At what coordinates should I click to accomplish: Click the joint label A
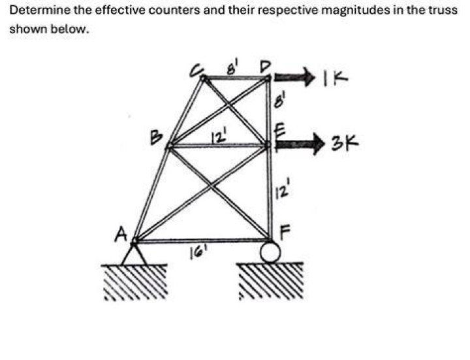tap(121, 233)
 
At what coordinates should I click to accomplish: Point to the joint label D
tap(265, 66)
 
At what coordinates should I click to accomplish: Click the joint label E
tap(278, 131)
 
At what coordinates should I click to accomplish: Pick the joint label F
tap(285, 232)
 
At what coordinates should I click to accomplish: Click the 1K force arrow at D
tap(293, 78)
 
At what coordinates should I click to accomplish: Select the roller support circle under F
tap(270, 252)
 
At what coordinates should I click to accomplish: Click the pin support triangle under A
tap(134, 254)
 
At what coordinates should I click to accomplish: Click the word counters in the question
tap(174, 10)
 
